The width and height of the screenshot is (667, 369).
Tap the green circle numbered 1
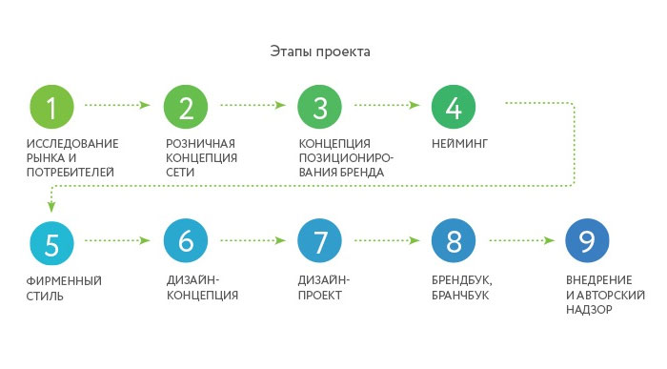tap(51, 107)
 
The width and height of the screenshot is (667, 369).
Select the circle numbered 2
tap(185, 107)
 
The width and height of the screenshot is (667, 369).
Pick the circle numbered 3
tap(319, 107)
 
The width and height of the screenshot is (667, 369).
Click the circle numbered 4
tap(454, 107)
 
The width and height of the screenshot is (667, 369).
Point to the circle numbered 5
tap(51, 241)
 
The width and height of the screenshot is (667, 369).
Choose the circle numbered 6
tap(185, 241)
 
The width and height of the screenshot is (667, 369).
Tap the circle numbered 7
tap(319, 241)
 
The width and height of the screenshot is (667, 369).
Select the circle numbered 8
tap(454, 241)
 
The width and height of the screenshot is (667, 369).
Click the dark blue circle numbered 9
tap(587, 241)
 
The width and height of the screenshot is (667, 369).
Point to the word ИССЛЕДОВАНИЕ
tap(72, 144)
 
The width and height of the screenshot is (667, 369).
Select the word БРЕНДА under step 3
tap(362, 173)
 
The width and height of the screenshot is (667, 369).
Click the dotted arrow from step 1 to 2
tap(118, 105)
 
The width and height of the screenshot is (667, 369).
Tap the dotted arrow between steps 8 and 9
tap(520, 240)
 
